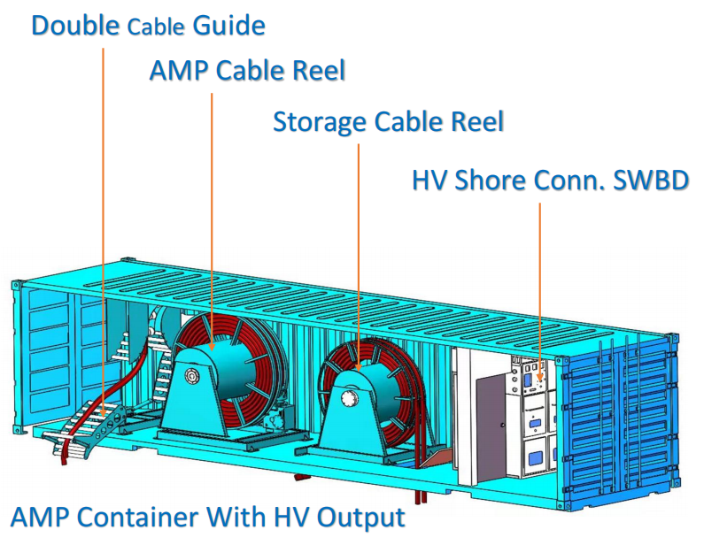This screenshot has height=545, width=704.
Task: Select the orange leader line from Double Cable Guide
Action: pyautogui.click(x=104, y=221)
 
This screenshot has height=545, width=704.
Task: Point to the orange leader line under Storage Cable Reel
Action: pyautogui.click(x=358, y=248)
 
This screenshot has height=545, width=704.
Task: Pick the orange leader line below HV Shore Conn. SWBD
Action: pyautogui.click(x=539, y=283)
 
